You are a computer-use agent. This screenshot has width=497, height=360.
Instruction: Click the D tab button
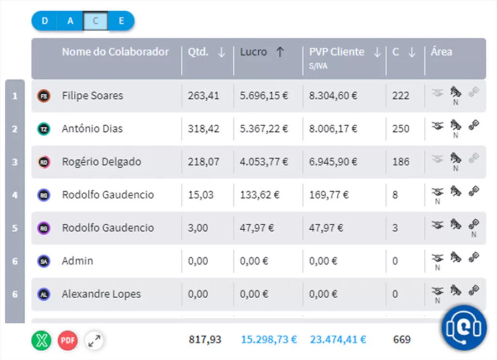pyautogui.click(x=45, y=21)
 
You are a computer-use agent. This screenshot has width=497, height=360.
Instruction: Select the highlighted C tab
pyautogui.click(x=96, y=21)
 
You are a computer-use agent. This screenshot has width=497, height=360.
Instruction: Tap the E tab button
pyautogui.click(x=121, y=21)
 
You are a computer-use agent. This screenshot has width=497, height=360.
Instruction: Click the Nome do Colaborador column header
pyautogui.click(x=116, y=52)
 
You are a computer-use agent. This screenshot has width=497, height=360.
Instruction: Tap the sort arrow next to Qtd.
pyautogui.click(x=221, y=53)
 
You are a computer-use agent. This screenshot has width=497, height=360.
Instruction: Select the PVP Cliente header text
pyautogui.click(x=336, y=52)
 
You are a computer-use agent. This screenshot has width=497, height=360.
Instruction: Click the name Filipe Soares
pyautogui.click(x=92, y=96)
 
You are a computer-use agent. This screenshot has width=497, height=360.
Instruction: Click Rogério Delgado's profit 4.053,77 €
pyautogui.click(x=264, y=162)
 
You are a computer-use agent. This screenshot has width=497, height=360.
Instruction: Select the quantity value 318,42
pyautogui.click(x=203, y=129)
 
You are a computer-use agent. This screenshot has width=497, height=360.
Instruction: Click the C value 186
pyautogui.click(x=401, y=162)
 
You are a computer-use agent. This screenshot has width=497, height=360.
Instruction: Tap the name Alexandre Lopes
pyautogui.click(x=101, y=294)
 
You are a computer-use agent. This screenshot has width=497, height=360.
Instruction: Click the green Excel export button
pyautogui.click(x=42, y=340)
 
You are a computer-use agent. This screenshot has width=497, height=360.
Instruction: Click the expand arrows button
pyautogui.click(x=94, y=340)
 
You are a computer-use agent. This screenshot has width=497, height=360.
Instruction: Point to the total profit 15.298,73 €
pyautogui.click(x=268, y=340)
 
